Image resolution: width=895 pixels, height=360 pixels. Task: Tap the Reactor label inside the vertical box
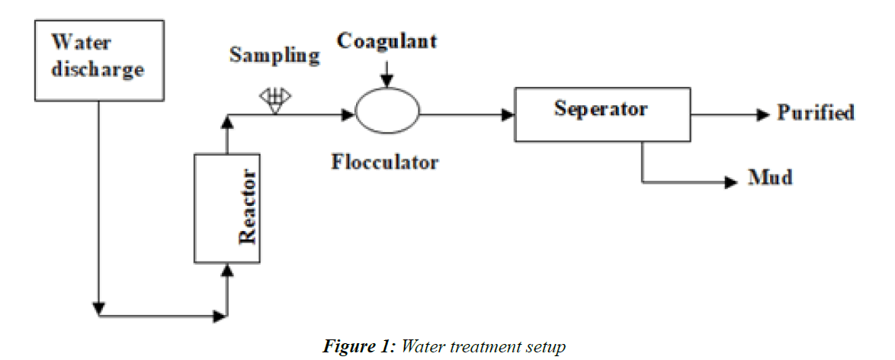[x=248, y=208]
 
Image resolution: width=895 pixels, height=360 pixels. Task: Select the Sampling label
[x=274, y=56]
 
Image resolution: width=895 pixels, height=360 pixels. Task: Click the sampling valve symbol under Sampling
[x=276, y=99]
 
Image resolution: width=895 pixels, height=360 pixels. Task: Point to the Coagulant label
[x=387, y=40]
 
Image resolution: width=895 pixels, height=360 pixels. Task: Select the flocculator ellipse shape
[x=387, y=114]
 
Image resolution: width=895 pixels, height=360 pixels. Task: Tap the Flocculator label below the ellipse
[x=385, y=162]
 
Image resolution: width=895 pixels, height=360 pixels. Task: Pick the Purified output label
[x=816, y=113]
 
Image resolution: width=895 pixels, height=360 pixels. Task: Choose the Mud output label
[x=771, y=178]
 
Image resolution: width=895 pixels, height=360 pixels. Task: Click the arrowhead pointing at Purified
[x=764, y=114]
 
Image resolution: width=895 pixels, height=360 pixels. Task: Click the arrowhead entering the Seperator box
[x=508, y=114]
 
